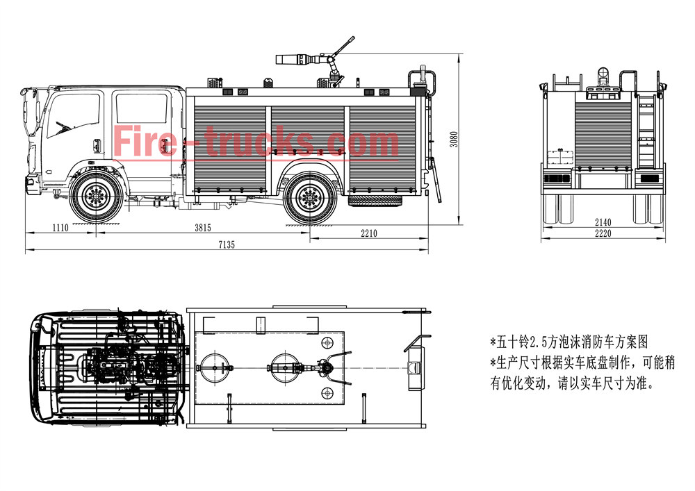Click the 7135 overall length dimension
[x=227, y=245]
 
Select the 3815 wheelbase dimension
[x=202, y=228]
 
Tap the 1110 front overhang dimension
[x=62, y=228]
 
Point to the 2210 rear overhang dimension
[x=368, y=234]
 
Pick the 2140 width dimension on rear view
[x=603, y=222]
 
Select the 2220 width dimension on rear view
[x=603, y=234]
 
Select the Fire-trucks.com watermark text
[x=256, y=142]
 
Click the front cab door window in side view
[x=74, y=115]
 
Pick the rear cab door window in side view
[x=141, y=110]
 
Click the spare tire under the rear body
[x=375, y=200]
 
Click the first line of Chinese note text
[x=569, y=343]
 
